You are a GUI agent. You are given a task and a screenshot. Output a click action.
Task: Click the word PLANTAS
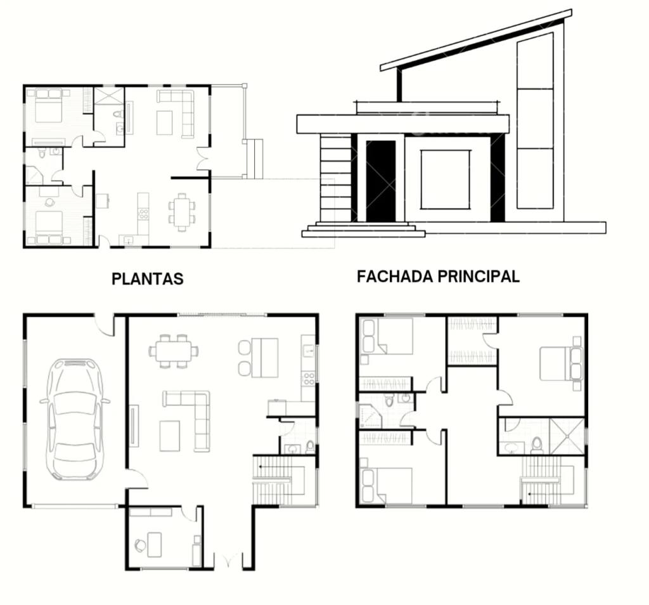pyautogui.click(x=147, y=278)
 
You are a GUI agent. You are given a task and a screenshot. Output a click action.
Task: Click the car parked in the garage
pyautogui.click(x=75, y=419)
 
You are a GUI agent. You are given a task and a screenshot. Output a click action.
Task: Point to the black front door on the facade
pyautogui.click(x=381, y=181)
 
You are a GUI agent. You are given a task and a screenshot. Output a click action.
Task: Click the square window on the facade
pyautogui.click(x=446, y=179)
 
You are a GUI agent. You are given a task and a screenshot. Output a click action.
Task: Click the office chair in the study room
pyautogui.click(x=140, y=544)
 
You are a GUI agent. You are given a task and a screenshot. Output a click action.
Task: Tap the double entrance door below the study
pyautogui.click(x=228, y=561)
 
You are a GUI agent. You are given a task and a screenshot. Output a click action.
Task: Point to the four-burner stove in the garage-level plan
pyautogui.click(x=309, y=379)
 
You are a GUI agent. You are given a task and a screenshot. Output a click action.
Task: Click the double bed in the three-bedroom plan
pyautogui.click(x=562, y=363)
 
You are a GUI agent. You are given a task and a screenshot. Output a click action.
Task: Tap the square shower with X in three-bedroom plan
pyautogui.click(x=567, y=436)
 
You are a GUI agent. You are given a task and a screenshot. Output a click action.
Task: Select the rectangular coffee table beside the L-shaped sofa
pyautogui.click(x=170, y=436)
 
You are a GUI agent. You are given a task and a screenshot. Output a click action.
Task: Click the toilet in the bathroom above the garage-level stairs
pyautogui.click(x=310, y=446)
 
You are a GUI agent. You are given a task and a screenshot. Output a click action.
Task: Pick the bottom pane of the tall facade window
pyautogui.click(x=535, y=178)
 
